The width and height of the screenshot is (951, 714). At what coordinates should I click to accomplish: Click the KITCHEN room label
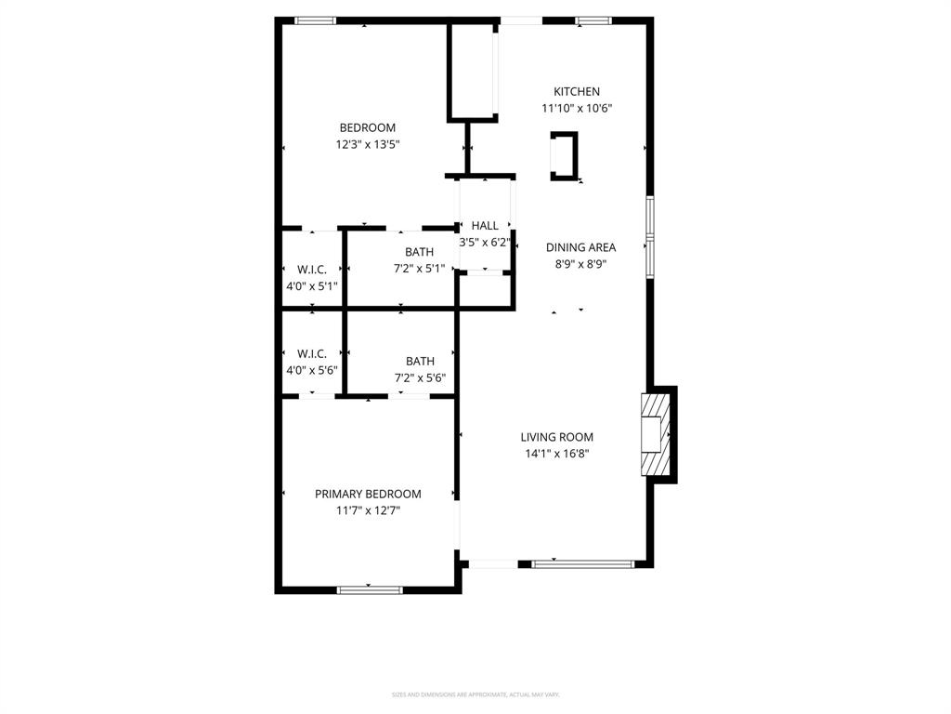(577, 91)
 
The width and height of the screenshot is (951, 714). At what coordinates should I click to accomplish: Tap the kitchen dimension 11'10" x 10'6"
(577, 108)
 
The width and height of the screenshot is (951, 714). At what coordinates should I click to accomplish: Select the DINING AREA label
(580, 247)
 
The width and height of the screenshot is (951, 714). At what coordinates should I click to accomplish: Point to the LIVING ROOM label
(556, 437)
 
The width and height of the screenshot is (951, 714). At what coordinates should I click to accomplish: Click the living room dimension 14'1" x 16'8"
(556, 454)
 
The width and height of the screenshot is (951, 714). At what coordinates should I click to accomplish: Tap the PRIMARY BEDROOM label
(368, 494)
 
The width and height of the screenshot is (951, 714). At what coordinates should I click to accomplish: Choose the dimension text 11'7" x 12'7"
(368, 510)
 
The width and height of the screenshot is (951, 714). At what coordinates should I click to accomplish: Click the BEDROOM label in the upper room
(367, 127)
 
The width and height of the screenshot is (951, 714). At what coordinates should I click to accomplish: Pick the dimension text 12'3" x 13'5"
(367, 144)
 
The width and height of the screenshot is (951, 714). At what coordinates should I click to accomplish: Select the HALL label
(485, 225)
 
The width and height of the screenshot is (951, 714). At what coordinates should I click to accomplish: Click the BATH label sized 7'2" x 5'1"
(419, 252)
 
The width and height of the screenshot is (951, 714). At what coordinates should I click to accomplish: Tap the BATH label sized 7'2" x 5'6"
(420, 361)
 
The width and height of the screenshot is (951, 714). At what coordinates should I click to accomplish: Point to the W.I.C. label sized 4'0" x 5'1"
(311, 270)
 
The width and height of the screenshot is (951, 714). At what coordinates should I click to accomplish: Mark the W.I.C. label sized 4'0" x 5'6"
(311, 353)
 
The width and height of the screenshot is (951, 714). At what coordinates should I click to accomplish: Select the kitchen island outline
(565, 155)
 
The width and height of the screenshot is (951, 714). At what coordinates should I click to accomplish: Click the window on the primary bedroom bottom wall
(370, 588)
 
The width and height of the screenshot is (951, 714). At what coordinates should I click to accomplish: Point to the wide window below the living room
(582, 563)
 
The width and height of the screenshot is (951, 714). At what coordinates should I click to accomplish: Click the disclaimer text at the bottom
(475, 694)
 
